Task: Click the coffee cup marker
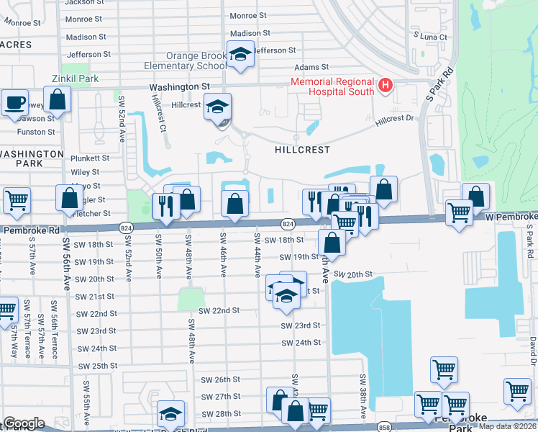(x=14, y=103)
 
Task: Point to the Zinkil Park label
(x=74, y=78)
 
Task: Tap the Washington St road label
(x=179, y=86)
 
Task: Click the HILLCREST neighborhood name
(x=302, y=150)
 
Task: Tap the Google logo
(x=24, y=423)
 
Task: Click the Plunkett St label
(x=90, y=158)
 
